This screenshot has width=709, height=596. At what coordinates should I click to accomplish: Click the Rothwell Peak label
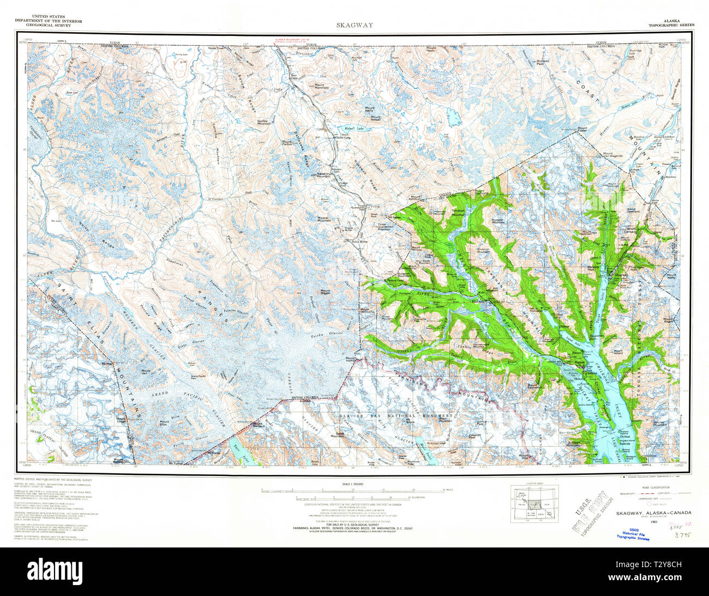[543, 63]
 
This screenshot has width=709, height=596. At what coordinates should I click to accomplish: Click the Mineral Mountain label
[326, 220]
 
